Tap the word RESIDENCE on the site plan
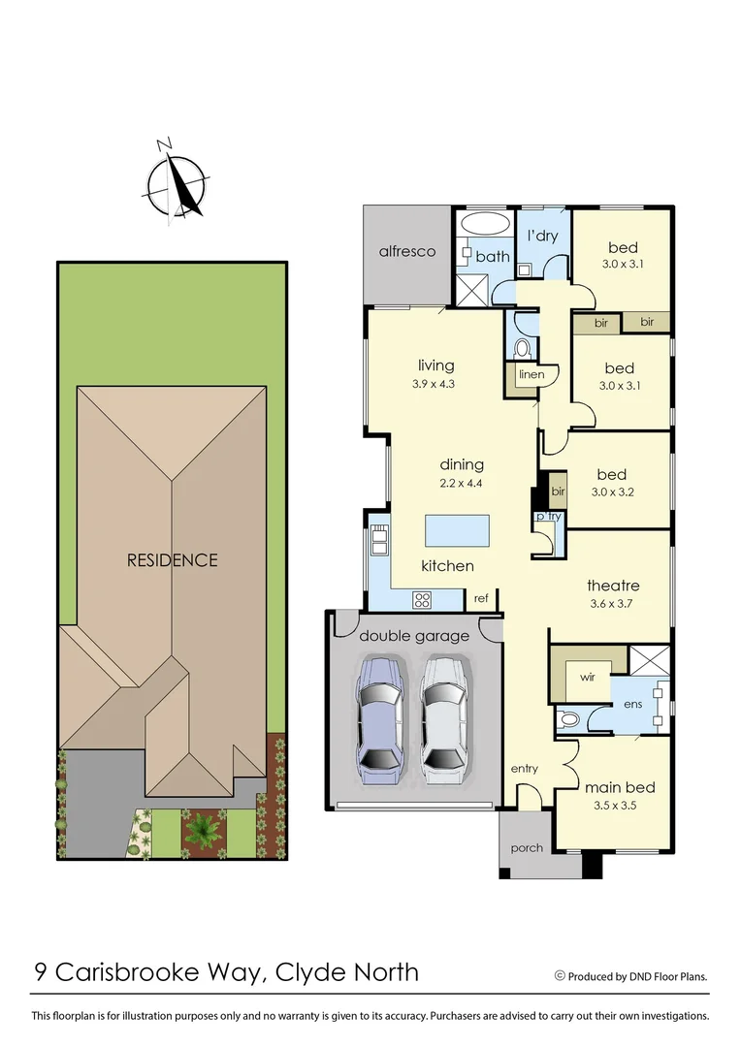[172, 560]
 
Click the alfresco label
[406, 252]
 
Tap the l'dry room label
[541, 236]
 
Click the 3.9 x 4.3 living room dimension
[435, 383]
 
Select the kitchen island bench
[457, 530]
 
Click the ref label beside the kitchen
[481, 599]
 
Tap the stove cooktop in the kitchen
[423, 599]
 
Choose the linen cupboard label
[532, 374]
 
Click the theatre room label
[613, 586]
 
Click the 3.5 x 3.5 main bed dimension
[612, 804]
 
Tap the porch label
[527, 847]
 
